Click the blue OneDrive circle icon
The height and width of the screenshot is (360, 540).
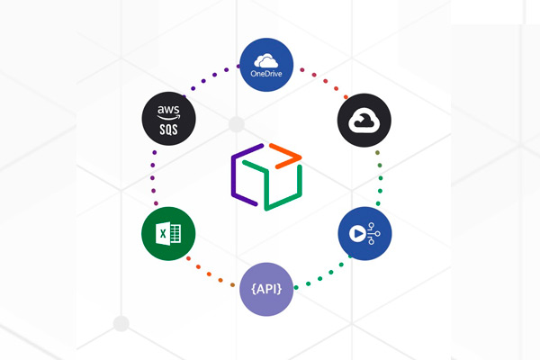coord(266,65)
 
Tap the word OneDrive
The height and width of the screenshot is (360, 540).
coord(266,74)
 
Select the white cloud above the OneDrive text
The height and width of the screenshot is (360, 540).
coord(265,60)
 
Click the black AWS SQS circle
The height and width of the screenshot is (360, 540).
coord(169,119)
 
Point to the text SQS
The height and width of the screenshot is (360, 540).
coord(169,130)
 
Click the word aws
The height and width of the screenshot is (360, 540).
coord(168,110)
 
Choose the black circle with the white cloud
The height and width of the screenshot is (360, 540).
coord(364,121)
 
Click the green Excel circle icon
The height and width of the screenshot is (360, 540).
coord(168,234)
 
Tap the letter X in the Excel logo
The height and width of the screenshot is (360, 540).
coord(163,234)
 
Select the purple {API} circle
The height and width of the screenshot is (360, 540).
coord(266,289)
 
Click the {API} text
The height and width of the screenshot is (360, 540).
coord(266,289)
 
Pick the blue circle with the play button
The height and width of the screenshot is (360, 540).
coord(364,234)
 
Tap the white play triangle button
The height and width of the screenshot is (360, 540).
coord(358,234)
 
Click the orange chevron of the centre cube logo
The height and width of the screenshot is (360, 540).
coord(285,156)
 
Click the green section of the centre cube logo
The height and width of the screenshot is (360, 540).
coord(273,185)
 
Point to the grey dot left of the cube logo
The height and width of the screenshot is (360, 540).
coord(237,124)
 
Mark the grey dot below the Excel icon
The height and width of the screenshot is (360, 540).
coord(121,323)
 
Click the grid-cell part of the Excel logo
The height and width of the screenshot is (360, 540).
coord(175,234)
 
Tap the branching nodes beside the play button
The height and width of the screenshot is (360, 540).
coord(373,234)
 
